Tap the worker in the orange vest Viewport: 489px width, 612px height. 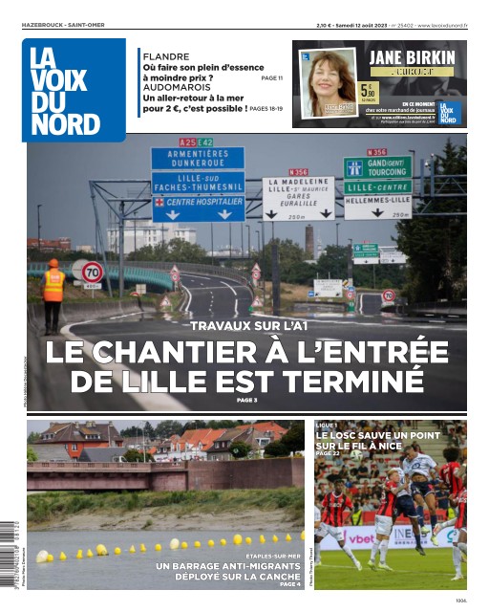(x=53, y=295)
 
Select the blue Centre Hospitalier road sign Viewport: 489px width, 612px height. (x=199, y=203)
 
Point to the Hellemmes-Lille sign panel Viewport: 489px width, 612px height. (x=378, y=201)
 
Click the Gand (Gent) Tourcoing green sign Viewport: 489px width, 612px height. (x=378, y=167)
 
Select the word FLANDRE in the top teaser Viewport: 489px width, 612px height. (x=165, y=57)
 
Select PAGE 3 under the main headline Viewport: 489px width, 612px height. (x=246, y=400)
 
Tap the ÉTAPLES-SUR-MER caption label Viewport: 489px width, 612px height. (x=273, y=556)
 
